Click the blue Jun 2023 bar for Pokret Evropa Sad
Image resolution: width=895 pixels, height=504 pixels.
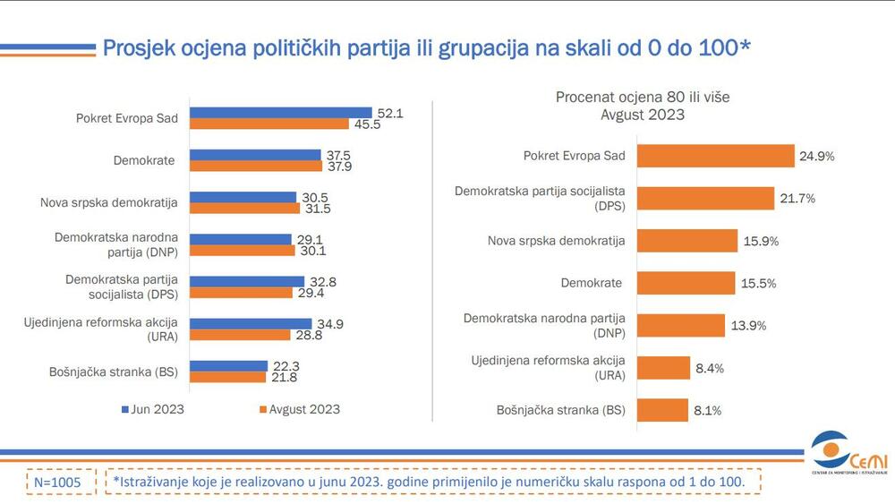[x=281, y=113]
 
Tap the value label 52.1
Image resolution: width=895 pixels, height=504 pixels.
[x=390, y=113]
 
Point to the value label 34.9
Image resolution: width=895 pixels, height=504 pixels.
[x=330, y=323]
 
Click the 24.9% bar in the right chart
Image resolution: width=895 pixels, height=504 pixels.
[x=715, y=156]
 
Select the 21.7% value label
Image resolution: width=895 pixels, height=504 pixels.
[x=797, y=199]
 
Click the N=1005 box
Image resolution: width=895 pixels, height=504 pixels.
[x=57, y=482]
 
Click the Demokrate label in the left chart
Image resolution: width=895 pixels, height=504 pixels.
[x=144, y=160]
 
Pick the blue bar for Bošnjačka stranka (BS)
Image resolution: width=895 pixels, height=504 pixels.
[x=229, y=365]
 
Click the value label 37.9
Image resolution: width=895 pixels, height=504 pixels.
[x=339, y=167]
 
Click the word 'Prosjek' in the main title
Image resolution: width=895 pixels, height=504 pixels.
[x=143, y=47]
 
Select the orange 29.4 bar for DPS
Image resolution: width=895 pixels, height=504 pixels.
[x=242, y=293]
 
